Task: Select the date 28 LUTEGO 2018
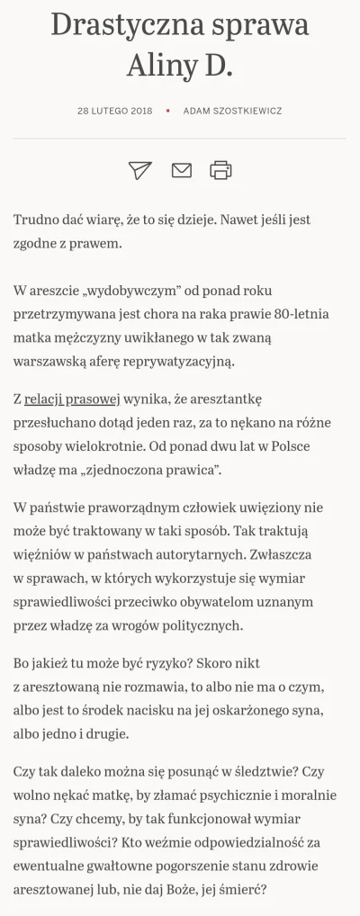coord(116,112)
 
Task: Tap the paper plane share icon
coord(139,169)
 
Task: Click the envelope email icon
coord(181,169)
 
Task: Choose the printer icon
coord(220,169)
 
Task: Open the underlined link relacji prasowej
coord(67,399)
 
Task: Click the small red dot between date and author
coord(167,112)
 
